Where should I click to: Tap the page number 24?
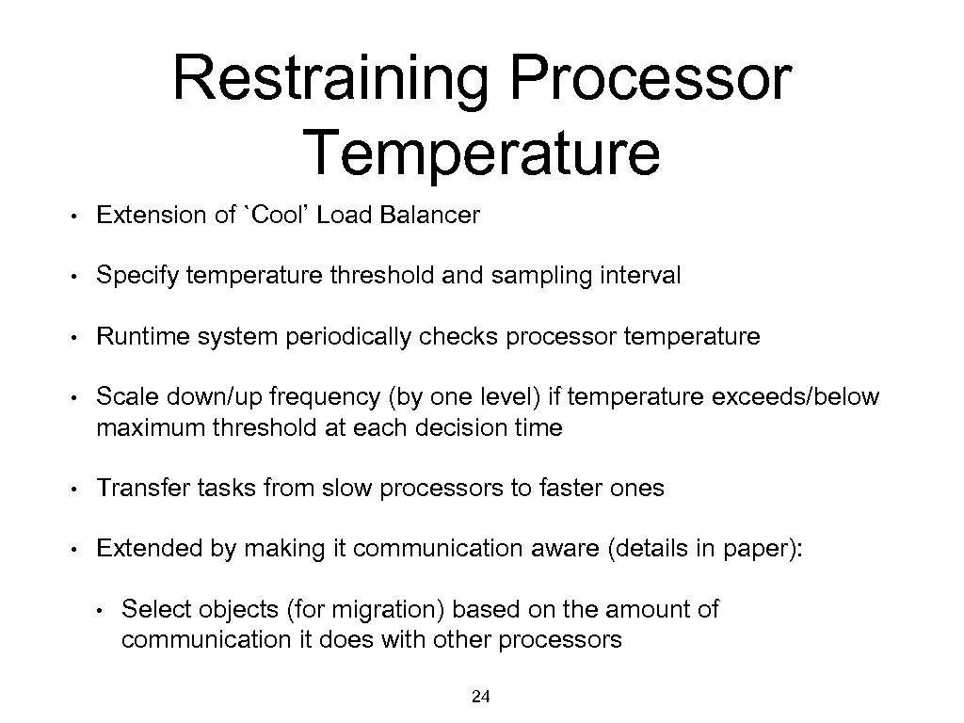coord(481,697)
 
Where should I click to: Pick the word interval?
coord(646,276)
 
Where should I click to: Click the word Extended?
coord(139,549)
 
